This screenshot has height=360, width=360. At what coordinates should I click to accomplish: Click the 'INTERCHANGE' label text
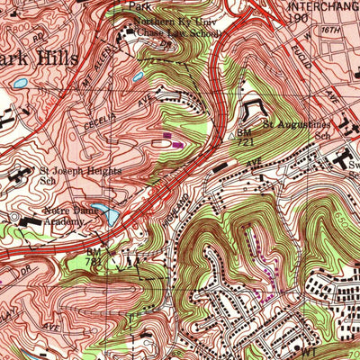(319, 5)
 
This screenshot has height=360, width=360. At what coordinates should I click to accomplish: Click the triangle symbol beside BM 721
(233, 133)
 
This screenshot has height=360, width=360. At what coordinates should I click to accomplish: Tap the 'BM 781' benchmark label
(93, 256)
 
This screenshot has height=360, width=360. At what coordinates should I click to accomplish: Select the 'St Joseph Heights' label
(73, 174)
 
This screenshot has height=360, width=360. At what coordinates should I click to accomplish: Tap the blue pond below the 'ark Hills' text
(19, 83)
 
